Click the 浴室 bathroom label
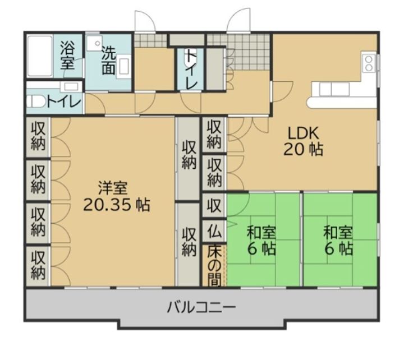coord(67,56)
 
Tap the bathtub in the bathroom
coord(40,56)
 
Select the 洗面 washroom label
coord(108,61)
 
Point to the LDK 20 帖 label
coord(303,141)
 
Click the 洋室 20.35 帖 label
coord(117,196)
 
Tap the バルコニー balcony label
coord(201,307)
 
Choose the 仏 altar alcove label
coord(214,230)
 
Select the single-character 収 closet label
coord(214,205)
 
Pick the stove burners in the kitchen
coord(369,63)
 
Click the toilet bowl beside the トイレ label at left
coord(36,102)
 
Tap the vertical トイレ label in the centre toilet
coord(191,70)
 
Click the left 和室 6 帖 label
coord(261,240)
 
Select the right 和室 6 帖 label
coord(338,240)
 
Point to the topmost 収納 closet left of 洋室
coord(38,136)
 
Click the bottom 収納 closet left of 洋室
coord(38,265)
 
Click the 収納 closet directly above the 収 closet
coord(214,172)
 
